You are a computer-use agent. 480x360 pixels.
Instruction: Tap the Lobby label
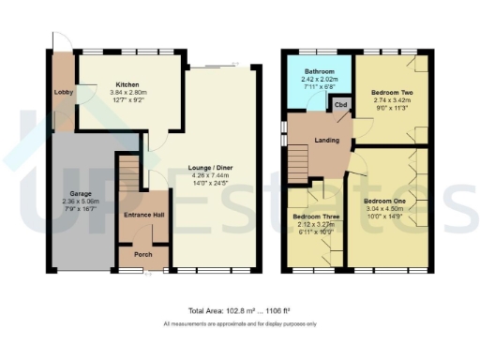(x=64, y=92)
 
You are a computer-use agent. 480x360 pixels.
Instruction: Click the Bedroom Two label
(x=392, y=94)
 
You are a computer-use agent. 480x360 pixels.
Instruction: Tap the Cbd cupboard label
(x=342, y=105)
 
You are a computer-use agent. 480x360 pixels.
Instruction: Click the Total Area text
(x=240, y=309)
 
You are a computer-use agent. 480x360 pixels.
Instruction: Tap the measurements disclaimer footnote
(x=240, y=323)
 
